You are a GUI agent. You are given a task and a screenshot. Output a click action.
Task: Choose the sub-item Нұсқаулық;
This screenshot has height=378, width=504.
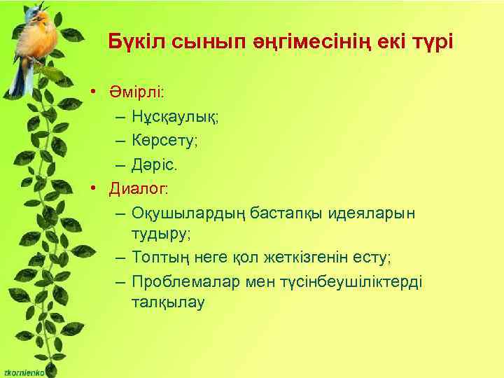point(174,118)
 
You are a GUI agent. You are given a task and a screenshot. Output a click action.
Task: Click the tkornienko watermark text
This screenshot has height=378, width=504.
point(22,372)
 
